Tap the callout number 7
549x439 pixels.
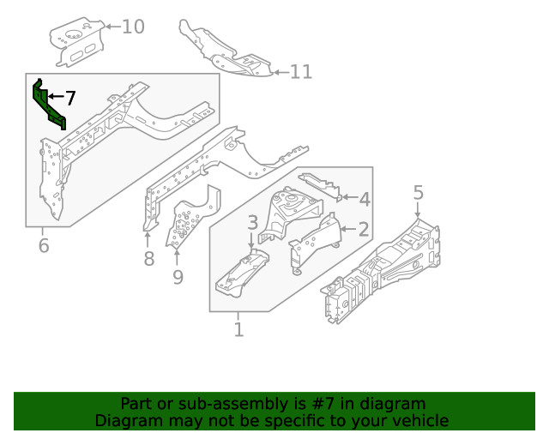pos(70,98)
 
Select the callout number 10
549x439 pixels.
pos(133,27)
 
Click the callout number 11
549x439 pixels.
pos(300,72)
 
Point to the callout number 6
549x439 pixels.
pos(44,248)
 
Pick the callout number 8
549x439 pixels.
pos(148,259)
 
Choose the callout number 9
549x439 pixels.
pos(178,277)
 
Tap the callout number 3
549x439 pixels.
pos(252,223)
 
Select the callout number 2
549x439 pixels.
pos(364,229)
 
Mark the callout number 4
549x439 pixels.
pos(365,200)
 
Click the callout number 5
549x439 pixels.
pos(418,193)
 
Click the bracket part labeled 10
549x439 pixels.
pos(77,43)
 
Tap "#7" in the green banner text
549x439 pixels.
pos(339,403)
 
